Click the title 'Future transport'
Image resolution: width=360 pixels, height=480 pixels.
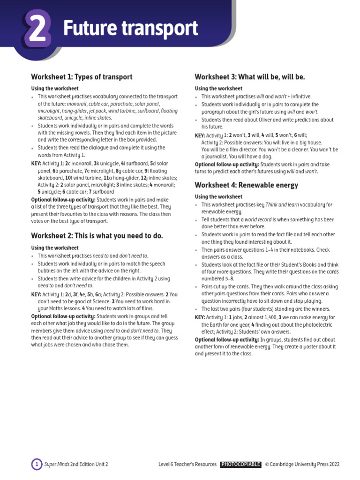click(130, 29)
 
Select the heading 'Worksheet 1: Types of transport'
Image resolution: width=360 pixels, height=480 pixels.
click(82, 77)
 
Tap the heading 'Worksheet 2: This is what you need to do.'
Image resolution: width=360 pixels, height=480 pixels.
click(97, 236)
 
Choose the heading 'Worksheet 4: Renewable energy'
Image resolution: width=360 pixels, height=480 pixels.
click(246, 185)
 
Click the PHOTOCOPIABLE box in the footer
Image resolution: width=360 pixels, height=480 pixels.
click(240, 465)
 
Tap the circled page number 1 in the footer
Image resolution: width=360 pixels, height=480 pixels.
click(36, 465)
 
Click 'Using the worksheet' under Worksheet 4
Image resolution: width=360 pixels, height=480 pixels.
click(218, 197)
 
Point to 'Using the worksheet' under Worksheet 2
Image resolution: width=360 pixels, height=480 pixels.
click(55, 248)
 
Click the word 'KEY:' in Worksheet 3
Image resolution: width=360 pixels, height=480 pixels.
click(200, 135)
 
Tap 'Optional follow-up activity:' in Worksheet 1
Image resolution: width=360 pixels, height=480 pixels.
click(63, 200)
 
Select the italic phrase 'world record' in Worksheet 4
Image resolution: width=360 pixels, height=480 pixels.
click(256, 220)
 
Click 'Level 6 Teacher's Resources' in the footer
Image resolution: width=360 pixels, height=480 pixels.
click(187, 465)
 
